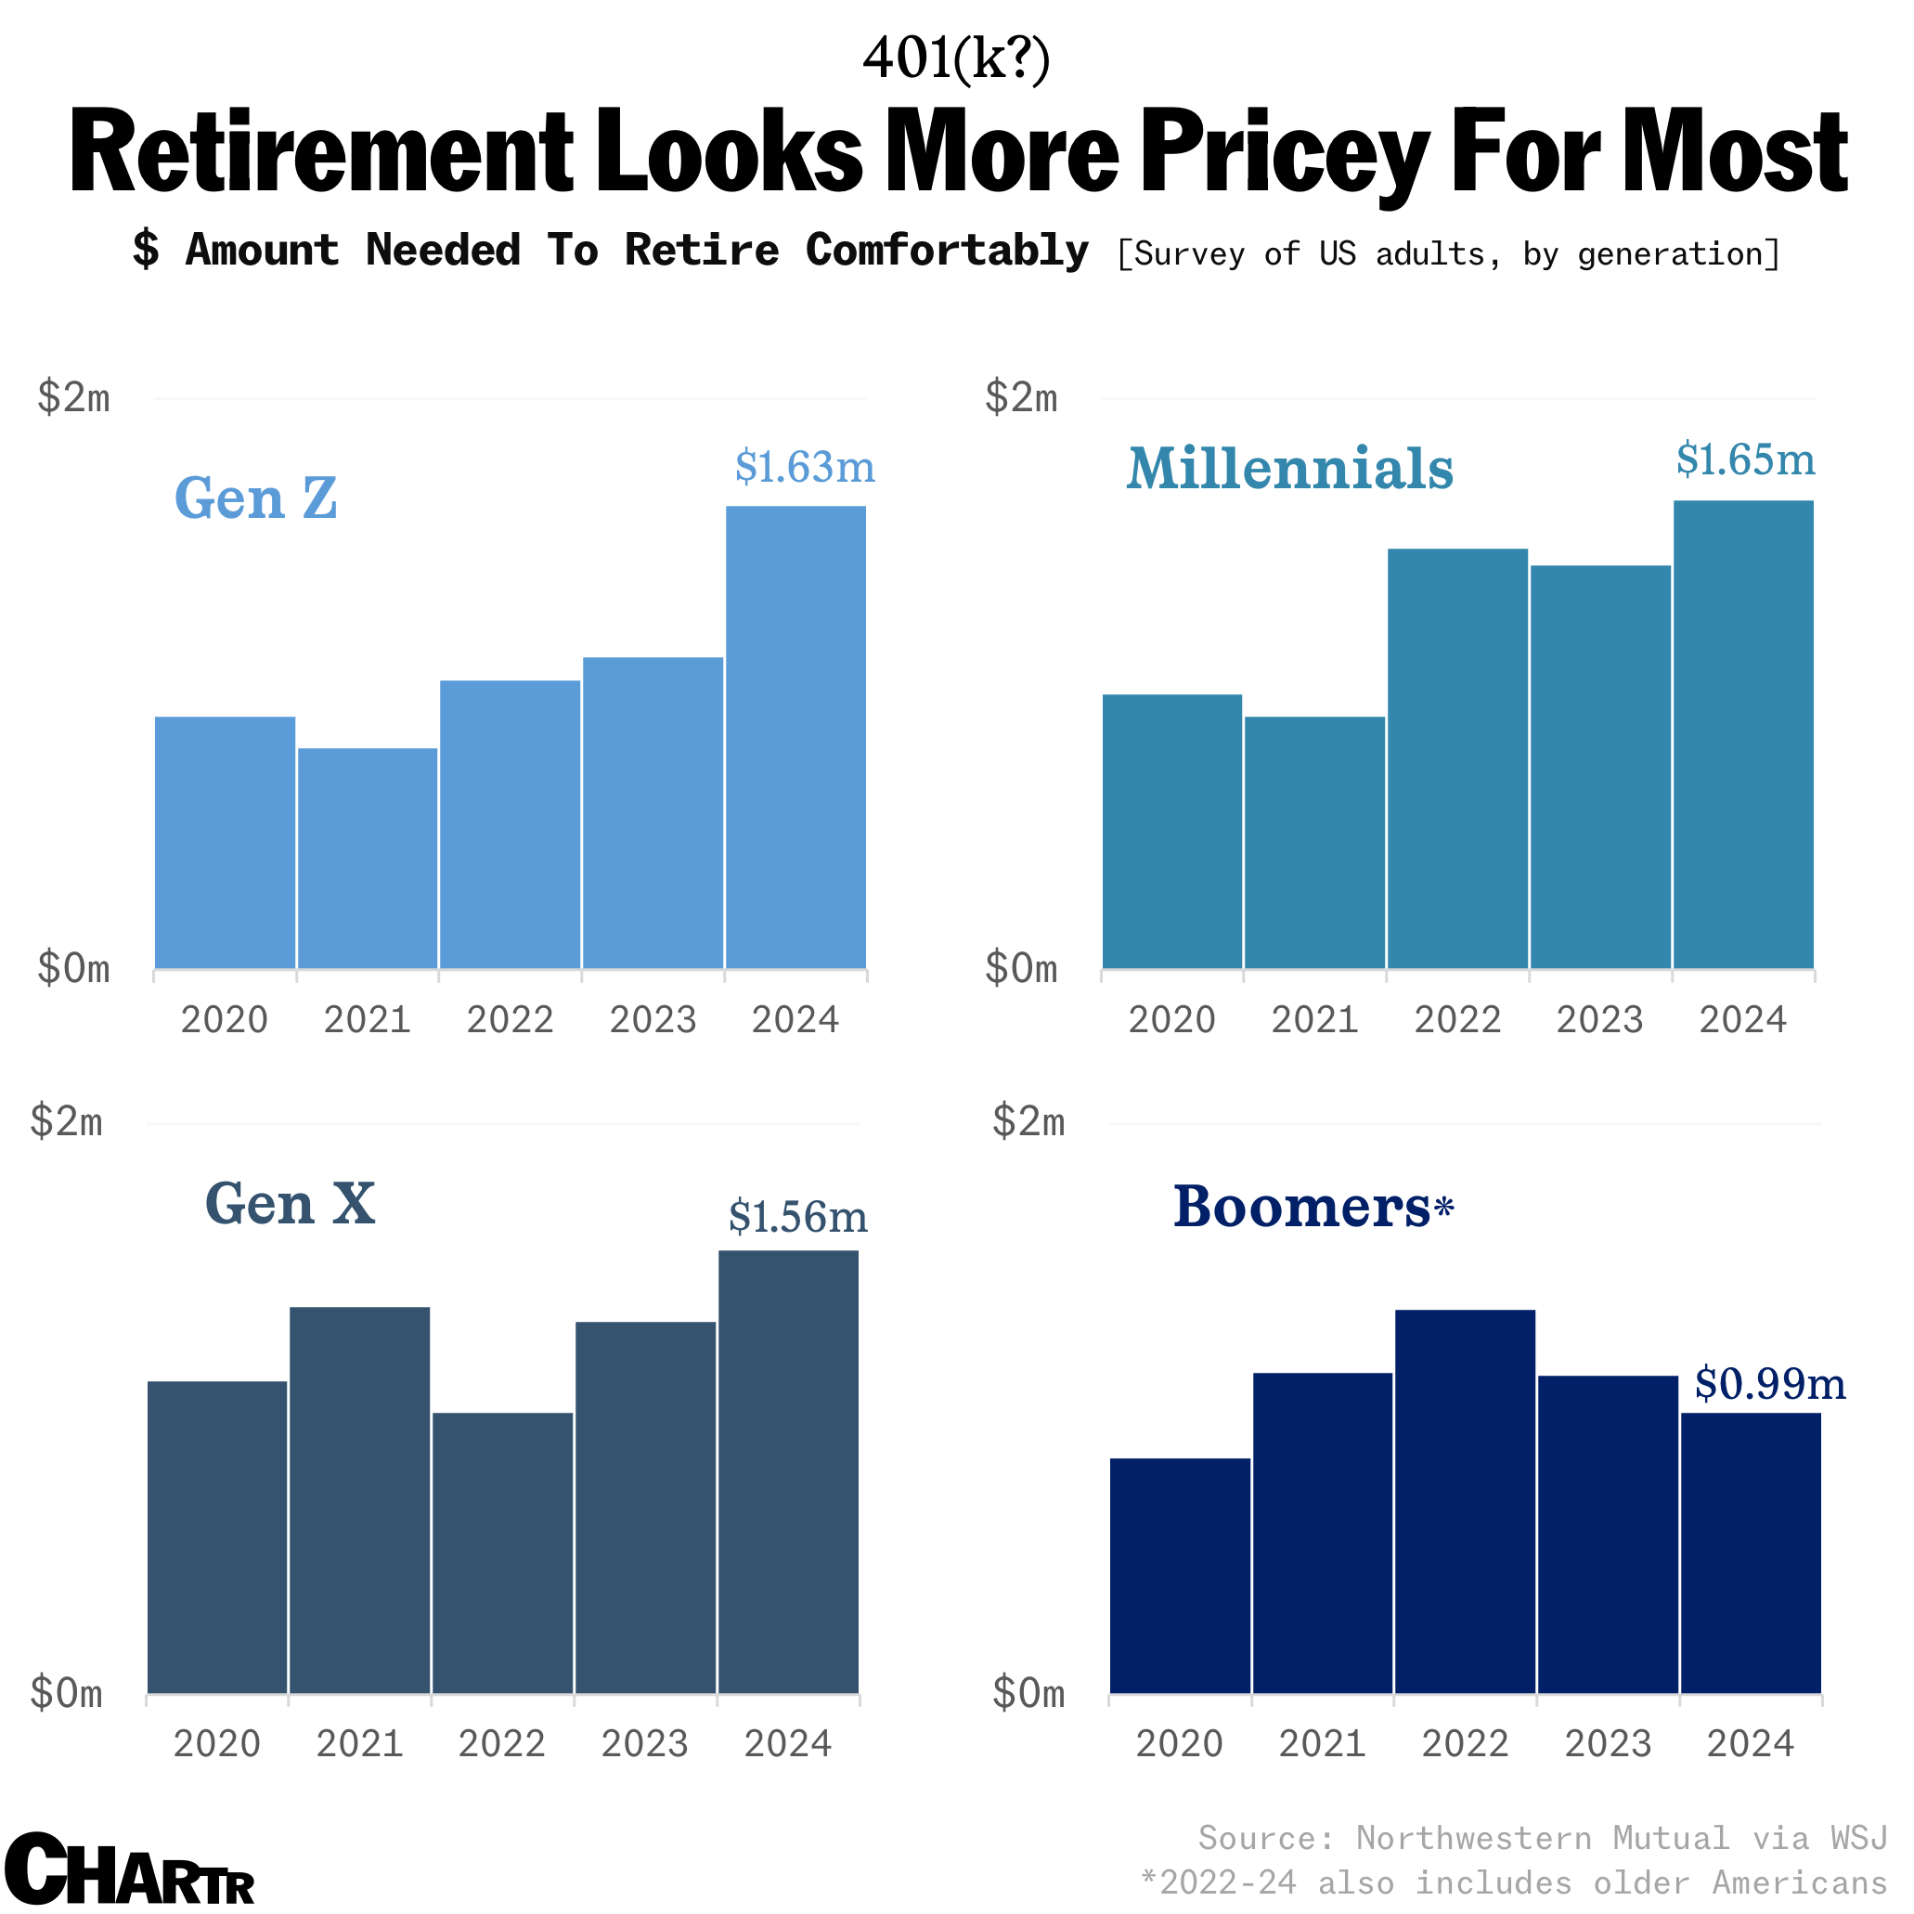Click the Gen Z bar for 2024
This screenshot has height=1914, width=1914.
[795, 738]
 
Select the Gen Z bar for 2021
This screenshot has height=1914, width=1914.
[368, 858]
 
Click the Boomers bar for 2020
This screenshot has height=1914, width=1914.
[1180, 1576]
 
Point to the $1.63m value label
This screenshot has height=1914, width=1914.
[805, 468]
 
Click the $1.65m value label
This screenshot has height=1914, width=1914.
[1744, 460]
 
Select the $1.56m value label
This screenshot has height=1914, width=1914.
[797, 1218]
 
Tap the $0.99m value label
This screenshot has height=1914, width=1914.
[1769, 1384]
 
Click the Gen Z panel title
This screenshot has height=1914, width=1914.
[255, 498]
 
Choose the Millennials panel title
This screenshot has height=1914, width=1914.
[1289, 469]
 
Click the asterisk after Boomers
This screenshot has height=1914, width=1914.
[1443, 1207]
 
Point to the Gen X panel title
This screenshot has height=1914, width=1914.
[290, 1205]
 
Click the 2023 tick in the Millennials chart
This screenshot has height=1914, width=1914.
[1599, 1019]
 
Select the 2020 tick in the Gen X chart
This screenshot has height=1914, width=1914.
[217, 1743]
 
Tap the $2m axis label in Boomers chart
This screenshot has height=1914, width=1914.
[1028, 1121]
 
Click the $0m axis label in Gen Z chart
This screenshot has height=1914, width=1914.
[73, 968]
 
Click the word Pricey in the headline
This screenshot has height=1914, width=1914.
[1285, 151]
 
